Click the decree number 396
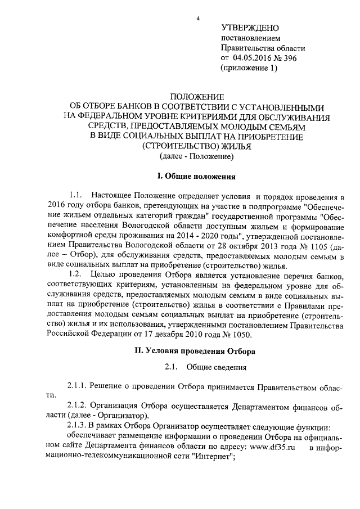(289, 58)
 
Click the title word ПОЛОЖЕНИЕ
(196, 97)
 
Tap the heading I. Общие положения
(196, 177)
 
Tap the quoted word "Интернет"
(210, 457)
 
